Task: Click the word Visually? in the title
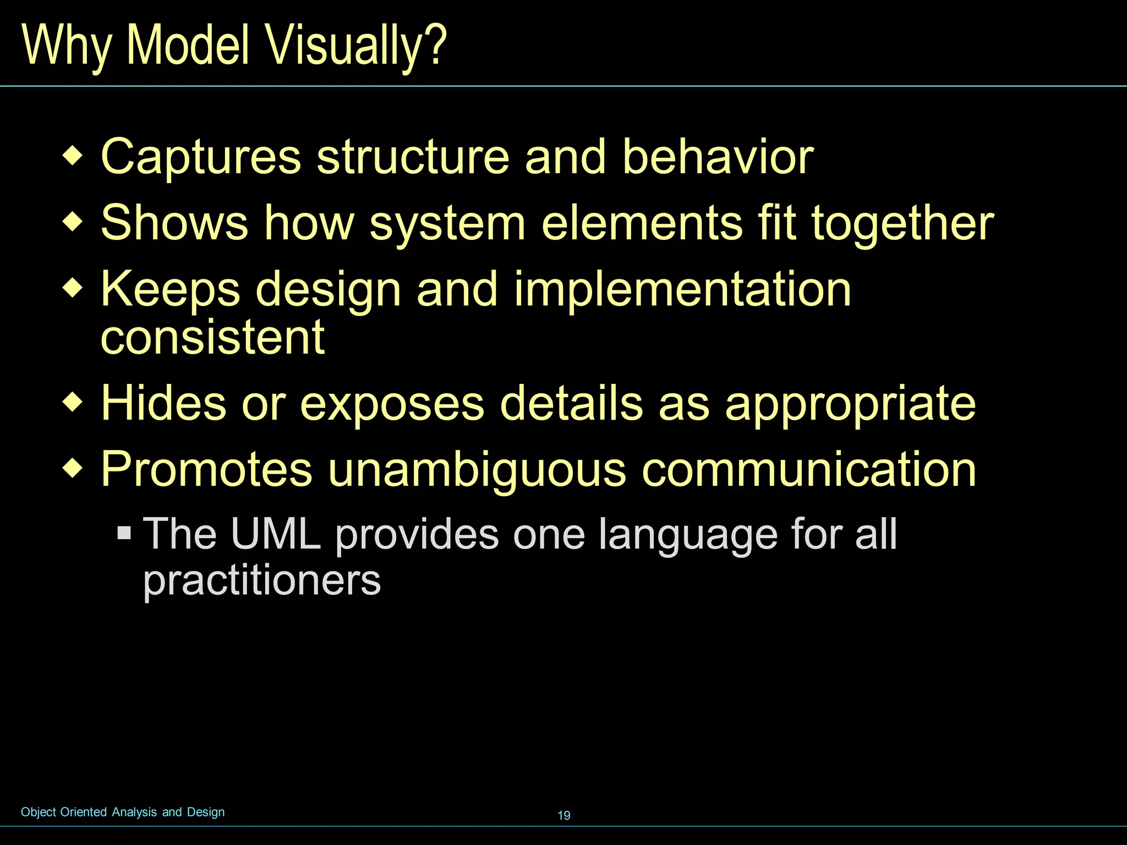356,46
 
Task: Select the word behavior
718,157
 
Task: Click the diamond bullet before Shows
73,223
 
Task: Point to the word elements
642,224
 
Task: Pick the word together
902,224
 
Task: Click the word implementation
682,290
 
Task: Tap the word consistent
213,337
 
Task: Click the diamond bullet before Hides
73,403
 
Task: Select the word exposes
392,405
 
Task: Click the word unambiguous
477,470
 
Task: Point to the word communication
809,470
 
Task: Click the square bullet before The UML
124,533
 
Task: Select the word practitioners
262,581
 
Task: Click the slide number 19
564,815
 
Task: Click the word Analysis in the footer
134,812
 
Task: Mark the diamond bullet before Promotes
73,470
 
